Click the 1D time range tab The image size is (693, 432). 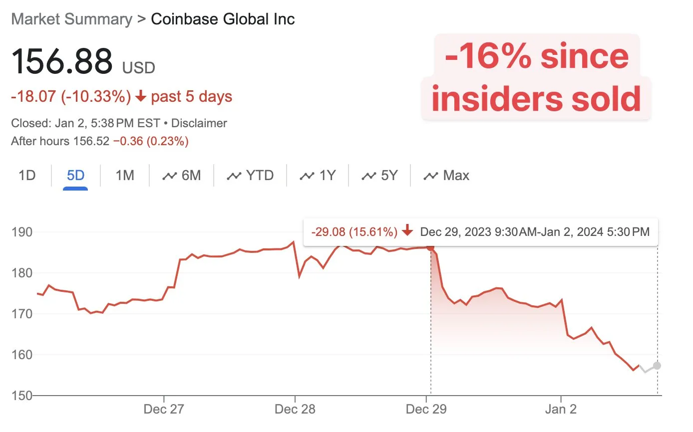coord(27,176)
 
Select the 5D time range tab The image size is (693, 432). coord(75,176)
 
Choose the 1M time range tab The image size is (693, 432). coord(124,176)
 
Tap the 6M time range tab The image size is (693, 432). coord(182,176)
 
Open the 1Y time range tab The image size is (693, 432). coord(318,176)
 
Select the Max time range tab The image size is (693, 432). coord(446,176)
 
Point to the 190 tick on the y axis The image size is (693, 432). coord(22,232)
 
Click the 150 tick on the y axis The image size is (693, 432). coord(22,396)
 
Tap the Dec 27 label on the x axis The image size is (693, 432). coord(164,410)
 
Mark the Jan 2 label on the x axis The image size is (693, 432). coord(561,410)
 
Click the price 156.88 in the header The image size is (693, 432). coord(62,62)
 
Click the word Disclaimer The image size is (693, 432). coord(199,123)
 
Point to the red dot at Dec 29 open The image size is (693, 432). coord(430,247)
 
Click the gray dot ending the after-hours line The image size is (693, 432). coord(657,366)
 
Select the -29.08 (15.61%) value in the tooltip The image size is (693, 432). coord(354,232)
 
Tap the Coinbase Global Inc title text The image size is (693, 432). coord(223,19)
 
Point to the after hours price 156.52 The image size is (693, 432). coord(91,141)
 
